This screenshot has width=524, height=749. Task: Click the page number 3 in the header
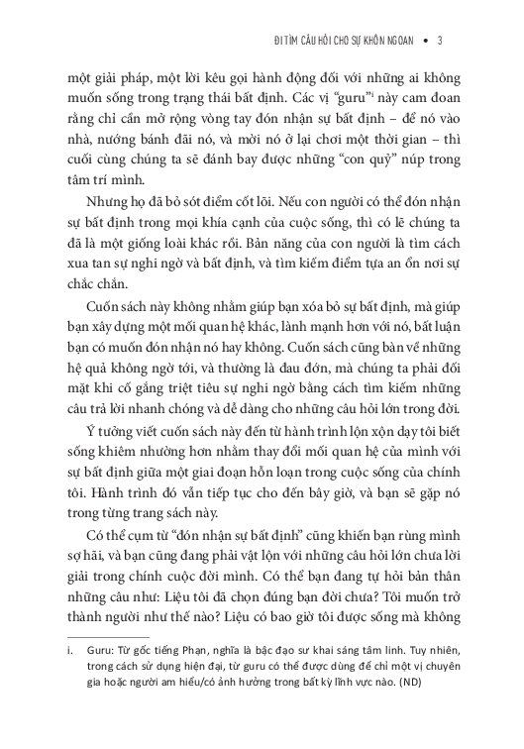(x=439, y=41)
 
